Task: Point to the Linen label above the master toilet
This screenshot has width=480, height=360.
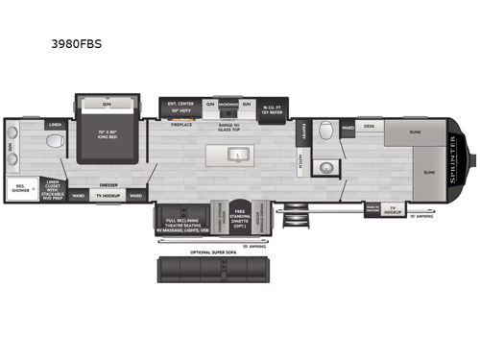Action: coord(56,124)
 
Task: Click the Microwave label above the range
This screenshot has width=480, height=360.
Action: coord(228,104)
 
